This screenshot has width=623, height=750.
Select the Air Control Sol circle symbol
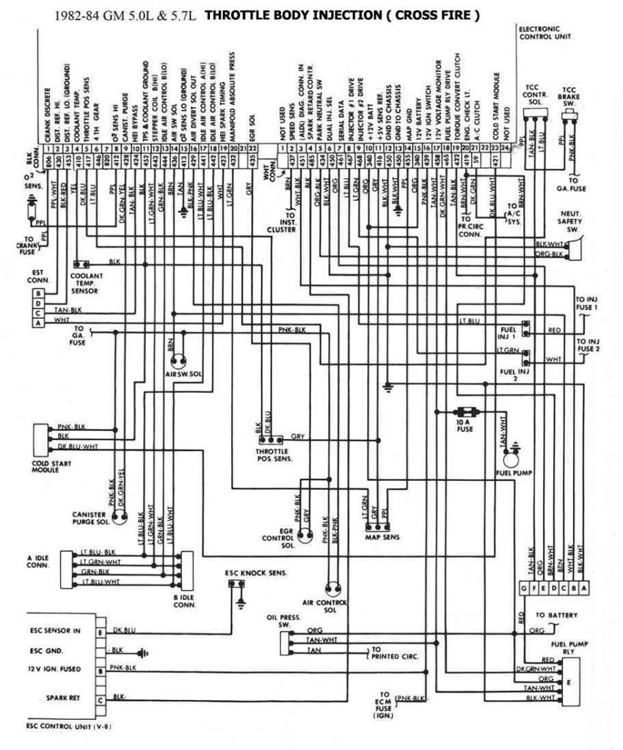point(334,587)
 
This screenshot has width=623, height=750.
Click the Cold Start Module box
point(39,439)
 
